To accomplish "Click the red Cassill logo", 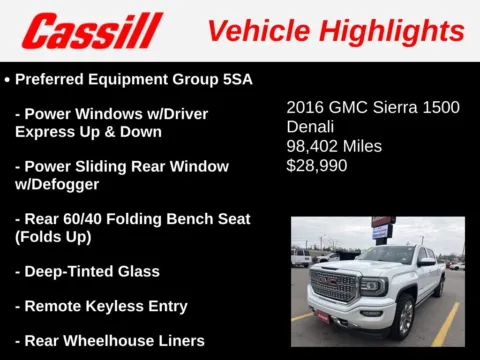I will tap(92, 30).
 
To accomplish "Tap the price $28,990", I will tap(317, 165).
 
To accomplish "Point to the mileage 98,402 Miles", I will tap(334, 146).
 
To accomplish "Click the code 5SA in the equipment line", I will tap(232, 77).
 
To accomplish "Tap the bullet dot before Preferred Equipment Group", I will tap(8, 78).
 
